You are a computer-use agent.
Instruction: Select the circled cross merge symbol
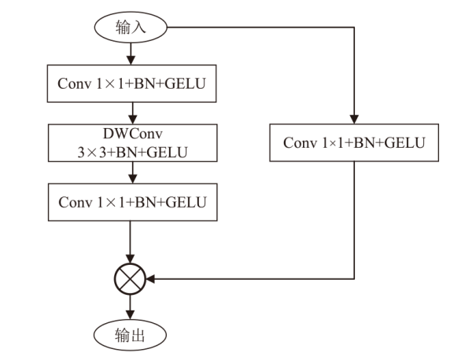point(130,279)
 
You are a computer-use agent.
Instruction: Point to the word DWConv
point(133,134)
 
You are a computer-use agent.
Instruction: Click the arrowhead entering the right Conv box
point(354,119)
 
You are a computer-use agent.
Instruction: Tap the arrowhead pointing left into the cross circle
point(150,279)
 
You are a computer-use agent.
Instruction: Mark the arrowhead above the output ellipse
point(130,315)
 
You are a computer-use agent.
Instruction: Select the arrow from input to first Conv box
point(131,53)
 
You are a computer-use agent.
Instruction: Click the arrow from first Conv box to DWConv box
point(133,113)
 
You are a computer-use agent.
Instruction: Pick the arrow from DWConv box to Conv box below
point(133,173)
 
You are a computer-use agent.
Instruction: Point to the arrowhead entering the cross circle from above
point(130,259)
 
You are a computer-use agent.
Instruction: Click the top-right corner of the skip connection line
point(354,28)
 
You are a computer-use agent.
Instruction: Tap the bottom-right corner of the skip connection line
point(354,279)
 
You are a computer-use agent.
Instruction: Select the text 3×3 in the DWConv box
point(92,152)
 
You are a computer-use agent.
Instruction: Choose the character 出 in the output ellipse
point(138,336)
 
